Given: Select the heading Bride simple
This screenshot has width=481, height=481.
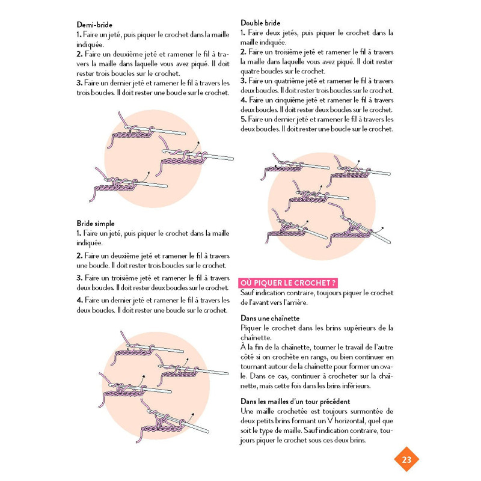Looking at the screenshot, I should [x=96, y=223].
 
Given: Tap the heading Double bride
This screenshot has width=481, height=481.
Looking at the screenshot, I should [x=260, y=23].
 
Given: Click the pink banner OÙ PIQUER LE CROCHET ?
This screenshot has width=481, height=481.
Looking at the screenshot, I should [x=287, y=283].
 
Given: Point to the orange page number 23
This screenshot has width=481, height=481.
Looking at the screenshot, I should [x=406, y=460].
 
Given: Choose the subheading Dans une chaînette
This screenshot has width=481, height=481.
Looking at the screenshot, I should [x=270, y=317].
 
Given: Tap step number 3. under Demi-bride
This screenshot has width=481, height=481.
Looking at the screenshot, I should [x=79, y=83].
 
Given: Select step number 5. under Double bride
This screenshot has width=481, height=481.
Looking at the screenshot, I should [x=243, y=119].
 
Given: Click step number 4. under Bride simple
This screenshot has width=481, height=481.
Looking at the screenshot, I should [x=79, y=300].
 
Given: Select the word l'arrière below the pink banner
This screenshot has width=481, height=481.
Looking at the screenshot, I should [x=294, y=302].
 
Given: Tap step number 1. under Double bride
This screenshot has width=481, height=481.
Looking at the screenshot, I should [x=243, y=32].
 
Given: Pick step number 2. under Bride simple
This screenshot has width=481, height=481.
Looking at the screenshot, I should [x=79, y=256].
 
